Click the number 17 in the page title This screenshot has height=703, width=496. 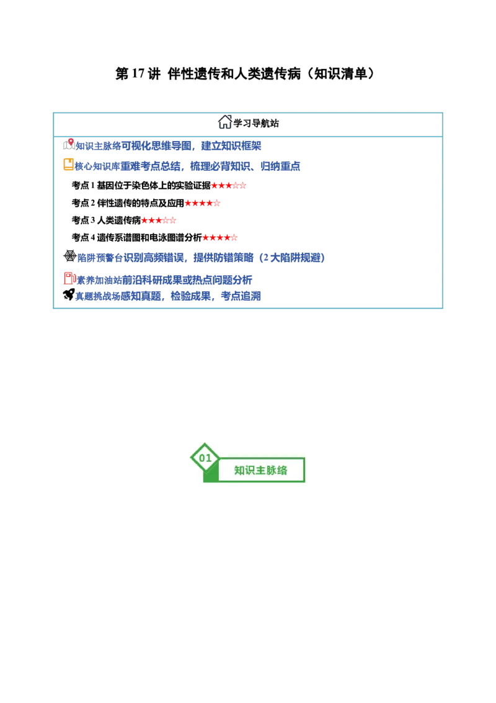coord(139,73)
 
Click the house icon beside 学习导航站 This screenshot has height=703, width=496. coord(224,122)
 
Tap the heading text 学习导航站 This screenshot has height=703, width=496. coord(256,124)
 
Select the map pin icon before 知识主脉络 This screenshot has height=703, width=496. coord(69,144)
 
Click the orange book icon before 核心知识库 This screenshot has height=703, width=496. coord(68,165)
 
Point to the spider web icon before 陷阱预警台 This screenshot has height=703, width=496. coord(70,256)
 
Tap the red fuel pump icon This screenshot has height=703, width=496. coord(69,278)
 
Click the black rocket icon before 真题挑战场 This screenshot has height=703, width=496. coord(69,294)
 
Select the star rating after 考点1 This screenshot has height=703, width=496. coord(228,186)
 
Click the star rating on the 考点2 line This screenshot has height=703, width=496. coord(202,203)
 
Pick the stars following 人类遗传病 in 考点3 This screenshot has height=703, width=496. coord(159,220)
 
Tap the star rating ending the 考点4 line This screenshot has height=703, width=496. coord(220,238)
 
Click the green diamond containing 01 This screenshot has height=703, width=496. coord(205,458)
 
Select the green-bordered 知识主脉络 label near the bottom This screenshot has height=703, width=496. coord(261,470)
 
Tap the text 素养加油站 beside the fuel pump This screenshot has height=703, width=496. coord(99,280)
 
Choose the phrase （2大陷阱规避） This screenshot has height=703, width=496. coord(291,258)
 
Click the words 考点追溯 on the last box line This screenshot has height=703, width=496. coord(241,296)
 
